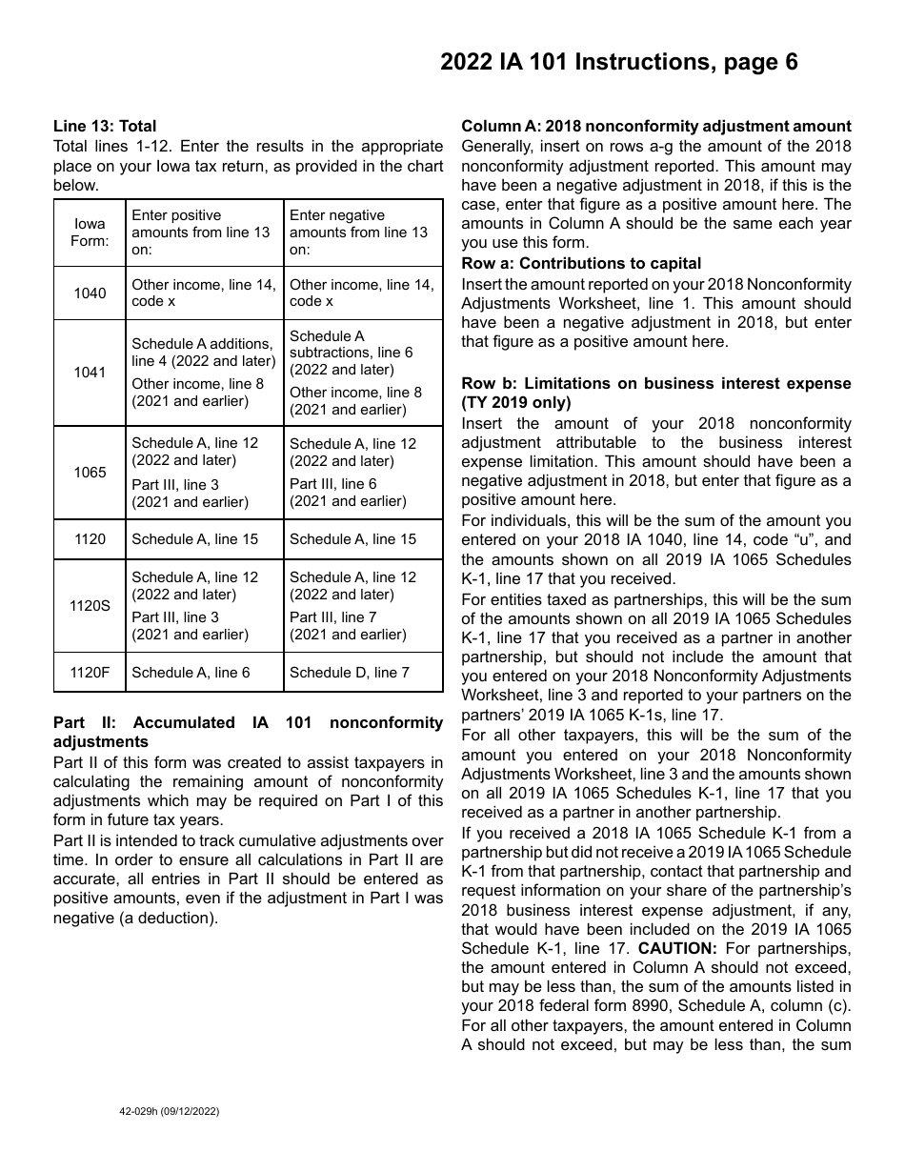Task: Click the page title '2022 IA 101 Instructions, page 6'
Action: (x=618, y=63)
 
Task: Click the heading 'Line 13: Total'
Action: (x=105, y=126)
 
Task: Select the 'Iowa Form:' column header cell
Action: (x=90, y=232)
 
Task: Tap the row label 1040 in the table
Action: (x=90, y=293)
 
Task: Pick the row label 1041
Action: (x=90, y=373)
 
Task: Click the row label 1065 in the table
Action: (x=90, y=473)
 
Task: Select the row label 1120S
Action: (x=90, y=606)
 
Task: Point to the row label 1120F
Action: (x=90, y=673)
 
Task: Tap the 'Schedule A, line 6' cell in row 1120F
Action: (x=191, y=673)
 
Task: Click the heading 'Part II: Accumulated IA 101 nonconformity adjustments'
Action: (x=248, y=732)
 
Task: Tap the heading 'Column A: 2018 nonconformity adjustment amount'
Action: (x=656, y=126)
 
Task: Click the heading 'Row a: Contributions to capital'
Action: (x=581, y=263)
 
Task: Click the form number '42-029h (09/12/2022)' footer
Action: (x=163, y=1111)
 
